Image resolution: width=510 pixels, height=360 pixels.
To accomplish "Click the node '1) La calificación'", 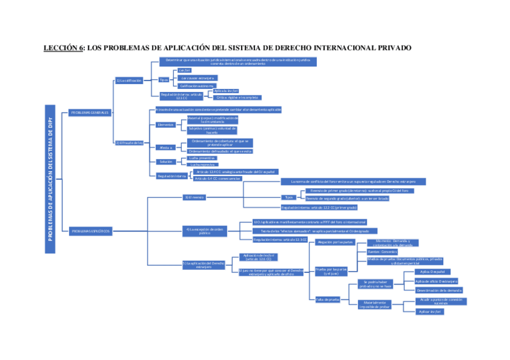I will tap(129, 80).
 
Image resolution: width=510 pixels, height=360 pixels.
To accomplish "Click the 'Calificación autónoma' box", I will tap(196, 86).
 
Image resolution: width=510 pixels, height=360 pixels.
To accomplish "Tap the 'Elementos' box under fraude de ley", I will tap(165, 125).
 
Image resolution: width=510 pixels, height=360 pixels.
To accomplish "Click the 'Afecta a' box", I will tap(165, 147).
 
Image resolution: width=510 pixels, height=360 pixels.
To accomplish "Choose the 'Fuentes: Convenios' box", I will tap(382, 251).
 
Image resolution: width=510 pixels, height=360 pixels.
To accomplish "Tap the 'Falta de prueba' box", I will tap(328, 299).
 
